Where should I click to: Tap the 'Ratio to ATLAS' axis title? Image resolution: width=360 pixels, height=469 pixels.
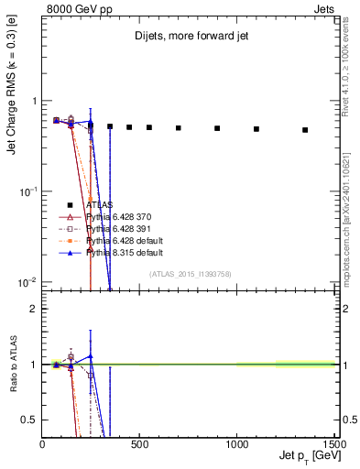(12, 365)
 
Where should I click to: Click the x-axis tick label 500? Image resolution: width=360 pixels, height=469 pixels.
(139, 443)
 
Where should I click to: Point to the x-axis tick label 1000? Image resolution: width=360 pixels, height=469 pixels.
(236, 443)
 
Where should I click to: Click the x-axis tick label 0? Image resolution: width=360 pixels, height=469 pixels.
(43, 443)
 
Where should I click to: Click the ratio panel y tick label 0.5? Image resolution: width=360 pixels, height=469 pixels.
(30, 420)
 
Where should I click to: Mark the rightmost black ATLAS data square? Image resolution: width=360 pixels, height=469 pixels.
(305, 130)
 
